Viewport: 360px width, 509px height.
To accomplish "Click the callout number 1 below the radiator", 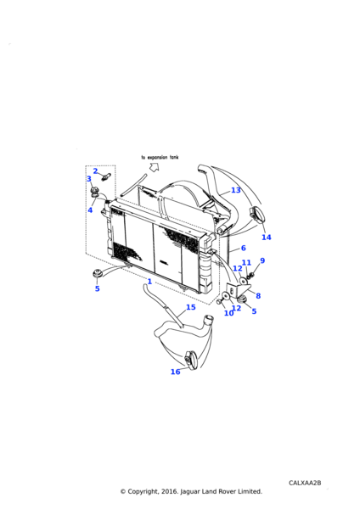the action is coord(149,281).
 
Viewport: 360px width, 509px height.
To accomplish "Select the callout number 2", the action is coord(95,171).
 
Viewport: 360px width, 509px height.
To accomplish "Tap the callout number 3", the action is coord(89,179).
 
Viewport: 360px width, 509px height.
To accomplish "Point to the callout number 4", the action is coord(90,210).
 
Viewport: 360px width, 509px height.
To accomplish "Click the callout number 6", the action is coord(244,248).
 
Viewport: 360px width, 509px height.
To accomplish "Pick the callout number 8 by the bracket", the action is coord(258,296).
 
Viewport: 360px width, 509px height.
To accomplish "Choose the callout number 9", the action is coord(262,260).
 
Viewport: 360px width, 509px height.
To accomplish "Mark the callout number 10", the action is coord(228,313).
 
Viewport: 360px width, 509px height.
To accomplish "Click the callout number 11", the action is coord(246,263).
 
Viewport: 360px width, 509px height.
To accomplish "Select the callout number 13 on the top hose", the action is coord(236,190).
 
